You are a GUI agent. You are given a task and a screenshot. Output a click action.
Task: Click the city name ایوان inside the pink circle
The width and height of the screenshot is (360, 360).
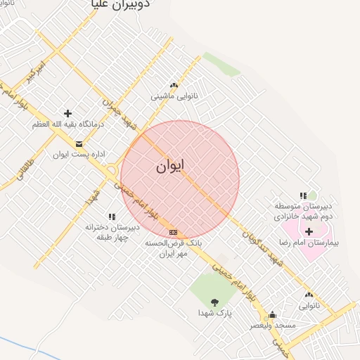170,167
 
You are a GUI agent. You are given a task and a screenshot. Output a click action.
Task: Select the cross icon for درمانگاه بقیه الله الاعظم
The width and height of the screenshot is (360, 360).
67,113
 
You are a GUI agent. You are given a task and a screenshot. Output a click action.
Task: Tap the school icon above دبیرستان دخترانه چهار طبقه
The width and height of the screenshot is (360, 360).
111,217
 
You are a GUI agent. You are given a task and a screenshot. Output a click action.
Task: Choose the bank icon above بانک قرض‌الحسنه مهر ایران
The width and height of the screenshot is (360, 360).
173,232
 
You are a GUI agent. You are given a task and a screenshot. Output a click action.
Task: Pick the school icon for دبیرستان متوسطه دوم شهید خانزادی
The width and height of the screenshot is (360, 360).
303,196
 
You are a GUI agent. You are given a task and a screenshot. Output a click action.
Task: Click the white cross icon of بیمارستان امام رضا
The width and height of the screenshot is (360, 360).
309,231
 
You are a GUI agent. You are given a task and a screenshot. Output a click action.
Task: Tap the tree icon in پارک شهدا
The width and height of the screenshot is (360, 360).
214,302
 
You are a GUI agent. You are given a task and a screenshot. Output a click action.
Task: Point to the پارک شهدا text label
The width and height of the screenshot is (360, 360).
214,312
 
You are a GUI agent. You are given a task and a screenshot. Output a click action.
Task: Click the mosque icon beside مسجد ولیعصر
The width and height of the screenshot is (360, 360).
272,315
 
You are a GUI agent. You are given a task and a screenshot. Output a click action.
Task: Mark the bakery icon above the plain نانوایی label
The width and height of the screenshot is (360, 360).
309,295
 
